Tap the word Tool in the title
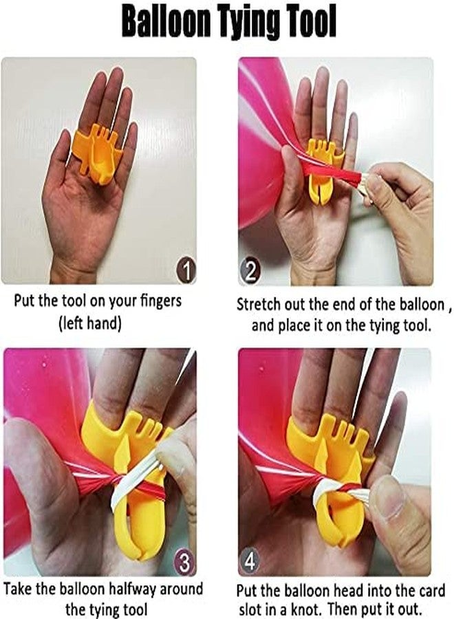click(315, 22)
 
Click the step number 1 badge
click(186, 271)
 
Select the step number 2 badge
click(249, 272)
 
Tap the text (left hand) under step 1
click(89, 324)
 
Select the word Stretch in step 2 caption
click(256, 305)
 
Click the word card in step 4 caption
click(431, 591)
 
